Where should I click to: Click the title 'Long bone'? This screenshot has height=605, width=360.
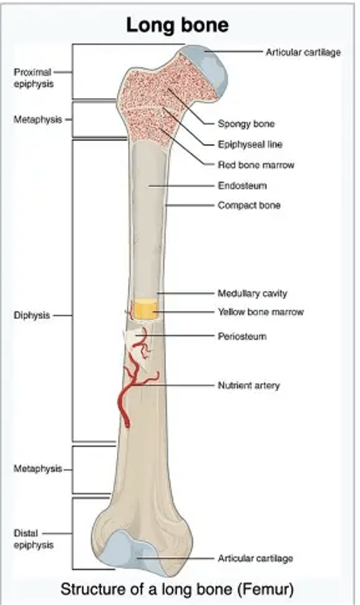tap(178, 25)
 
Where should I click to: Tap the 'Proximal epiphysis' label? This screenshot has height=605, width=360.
tap(33, 78)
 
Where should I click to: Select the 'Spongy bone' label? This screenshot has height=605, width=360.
tap(246, 124)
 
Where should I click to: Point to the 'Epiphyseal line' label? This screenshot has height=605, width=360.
tap(250, 144)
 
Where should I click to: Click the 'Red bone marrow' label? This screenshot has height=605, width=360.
tap(256, 165)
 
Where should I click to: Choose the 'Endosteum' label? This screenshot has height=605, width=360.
tap(242, 186)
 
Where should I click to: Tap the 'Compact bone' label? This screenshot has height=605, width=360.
tap(249, 206)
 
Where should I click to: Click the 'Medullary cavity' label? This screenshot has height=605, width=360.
tap(252, 293)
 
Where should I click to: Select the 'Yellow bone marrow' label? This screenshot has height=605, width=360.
tap(261, 312)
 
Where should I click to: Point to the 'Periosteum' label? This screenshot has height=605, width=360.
tap(242, 336)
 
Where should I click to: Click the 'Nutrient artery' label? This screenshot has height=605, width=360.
tap(248, 386)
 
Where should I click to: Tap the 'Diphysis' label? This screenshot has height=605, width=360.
tap(32, 316)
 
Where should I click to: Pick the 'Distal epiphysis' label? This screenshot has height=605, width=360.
tap(33, 539)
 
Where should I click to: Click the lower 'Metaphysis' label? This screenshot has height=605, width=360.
tap(37, 469)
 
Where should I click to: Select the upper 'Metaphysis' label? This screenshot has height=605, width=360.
tap(37, 120)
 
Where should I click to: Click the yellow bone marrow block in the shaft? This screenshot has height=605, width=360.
tap(146, 308)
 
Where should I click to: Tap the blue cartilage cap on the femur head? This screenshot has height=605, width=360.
tap(211, 70)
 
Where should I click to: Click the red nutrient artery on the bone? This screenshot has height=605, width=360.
tap(132, 382)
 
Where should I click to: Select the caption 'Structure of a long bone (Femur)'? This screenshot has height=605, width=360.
tap(177, 589)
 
